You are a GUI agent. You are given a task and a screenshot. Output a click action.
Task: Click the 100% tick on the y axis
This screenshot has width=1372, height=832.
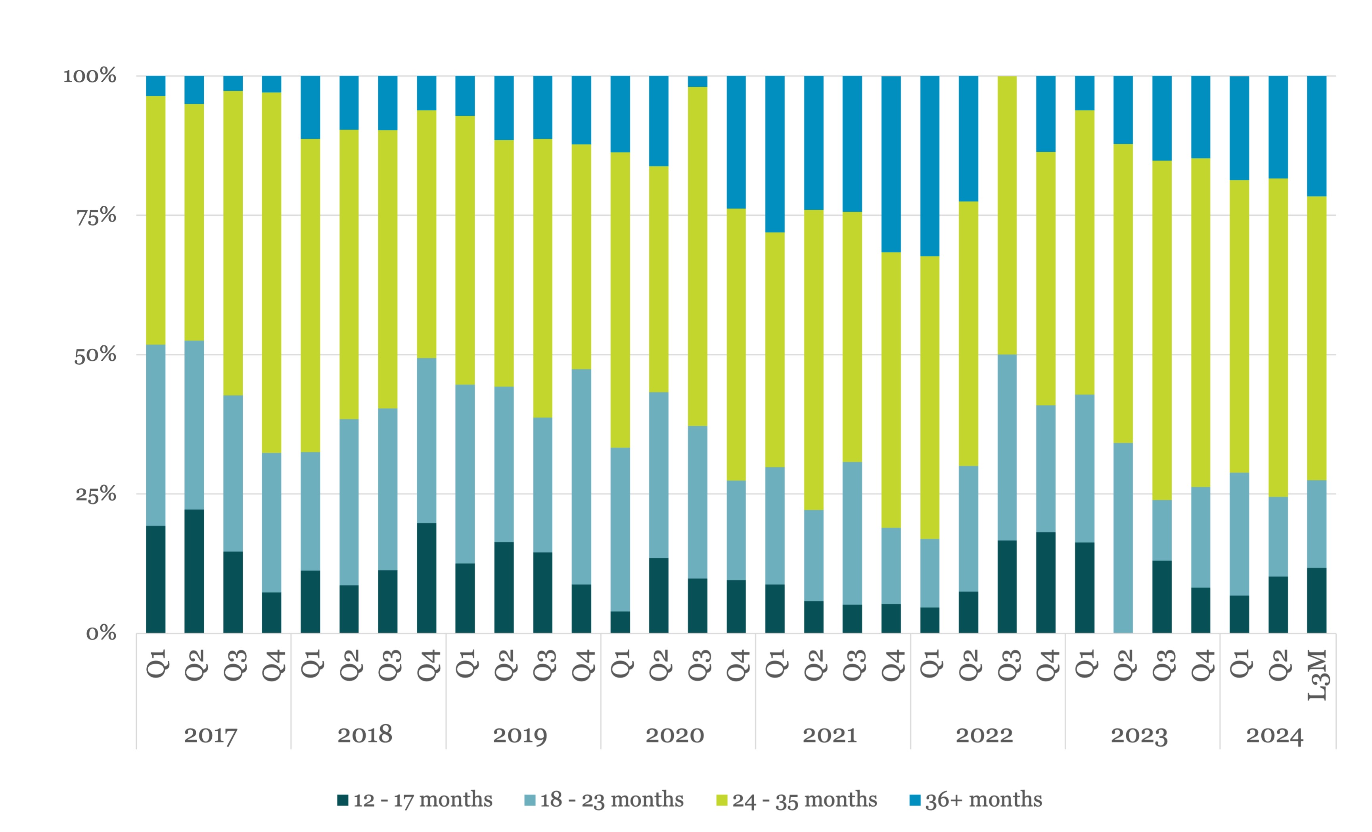[x=90, y=76]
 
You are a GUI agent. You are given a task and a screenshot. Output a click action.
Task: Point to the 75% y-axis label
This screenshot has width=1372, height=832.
[x=96, y=216]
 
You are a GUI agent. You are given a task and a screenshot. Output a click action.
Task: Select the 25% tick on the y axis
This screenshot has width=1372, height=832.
[x=96, y=494]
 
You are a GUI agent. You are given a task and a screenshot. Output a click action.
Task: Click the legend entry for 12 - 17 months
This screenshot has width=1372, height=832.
[x=415, y=800]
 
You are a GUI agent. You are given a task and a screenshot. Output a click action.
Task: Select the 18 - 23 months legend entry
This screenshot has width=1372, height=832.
[x=604, y=800]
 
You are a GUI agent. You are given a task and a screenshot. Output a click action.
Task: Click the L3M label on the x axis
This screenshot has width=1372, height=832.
[x=1317, y=675]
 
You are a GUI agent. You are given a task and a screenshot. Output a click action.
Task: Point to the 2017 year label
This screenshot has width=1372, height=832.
[x=211, y=735]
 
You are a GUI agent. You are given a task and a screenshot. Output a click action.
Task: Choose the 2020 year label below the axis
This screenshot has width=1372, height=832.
[x=675, y=735]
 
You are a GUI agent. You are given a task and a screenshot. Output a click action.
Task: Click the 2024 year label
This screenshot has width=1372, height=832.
[x=1274, y=735]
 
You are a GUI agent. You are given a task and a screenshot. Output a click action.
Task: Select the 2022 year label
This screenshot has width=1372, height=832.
[x=985, y=735]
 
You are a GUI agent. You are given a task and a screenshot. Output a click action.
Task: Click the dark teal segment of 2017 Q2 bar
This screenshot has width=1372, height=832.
[x=194, y=571]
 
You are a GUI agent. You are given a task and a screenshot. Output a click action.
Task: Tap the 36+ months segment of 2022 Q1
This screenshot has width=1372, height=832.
[x=930, y=166]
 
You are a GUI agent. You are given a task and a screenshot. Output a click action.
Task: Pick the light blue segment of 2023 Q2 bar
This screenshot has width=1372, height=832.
[x=1123, y=537]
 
